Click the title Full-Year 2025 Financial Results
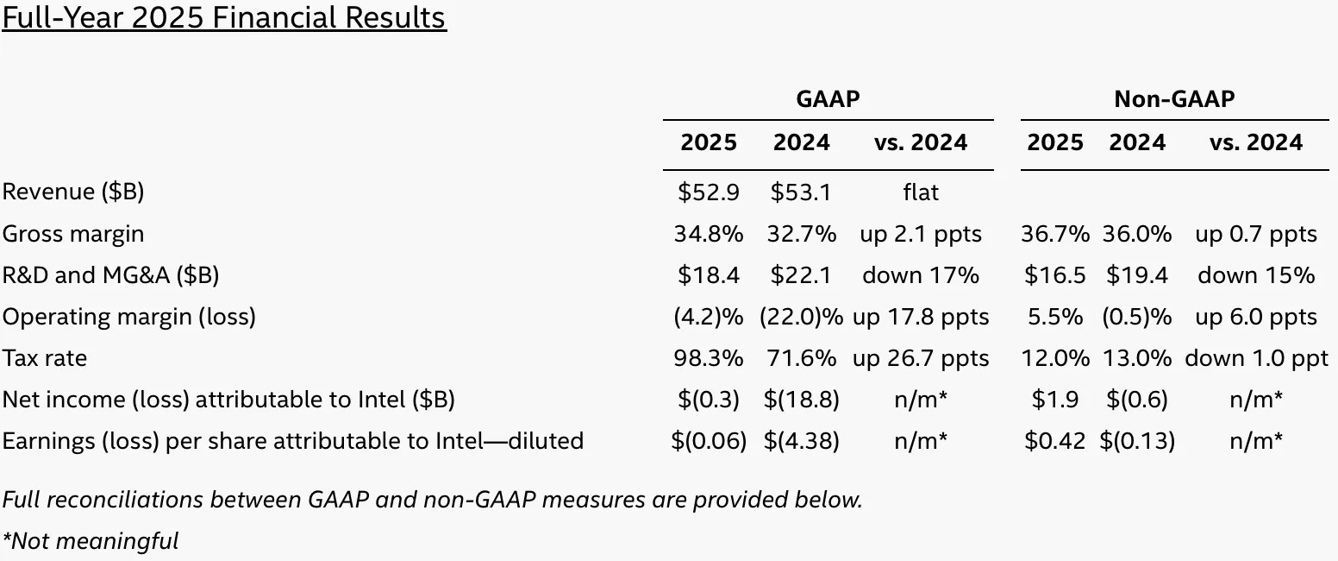click(224, 17)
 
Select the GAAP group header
click(828, 99)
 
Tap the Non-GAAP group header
click(1174, 99)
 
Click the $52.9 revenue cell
click(709, 192)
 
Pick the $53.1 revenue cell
click(801, 192)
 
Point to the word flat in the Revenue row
click(921, 192)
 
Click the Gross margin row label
click(73, 234)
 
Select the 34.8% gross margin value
click(709, 234)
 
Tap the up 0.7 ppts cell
click(1255, 234)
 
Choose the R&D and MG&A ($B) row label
click(110, 275)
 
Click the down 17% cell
click(921, 275)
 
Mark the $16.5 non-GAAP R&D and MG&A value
click(1055, 275)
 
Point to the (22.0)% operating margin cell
click(801, 317)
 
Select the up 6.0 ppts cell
click(1255, 317)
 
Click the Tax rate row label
click(45, 358)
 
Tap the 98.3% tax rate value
click(709, 358)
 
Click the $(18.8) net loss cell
click(801, 400)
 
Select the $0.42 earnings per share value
click(1055, 441)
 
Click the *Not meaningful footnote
click(91, 541)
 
